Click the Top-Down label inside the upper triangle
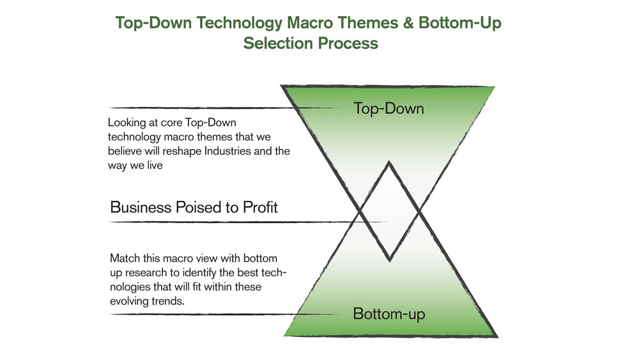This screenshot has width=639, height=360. (389, 109)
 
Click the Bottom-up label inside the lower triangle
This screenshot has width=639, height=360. (389, 314)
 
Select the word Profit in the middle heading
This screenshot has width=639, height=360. (260, 207)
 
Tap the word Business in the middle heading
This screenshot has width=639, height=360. (141, 207)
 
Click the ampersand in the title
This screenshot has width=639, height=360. (408, 22)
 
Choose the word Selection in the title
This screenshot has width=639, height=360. (278, 43)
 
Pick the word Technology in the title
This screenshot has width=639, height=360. (240, 23)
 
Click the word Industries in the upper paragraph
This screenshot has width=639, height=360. (227, 151)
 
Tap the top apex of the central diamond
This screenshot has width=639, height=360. (389, 162)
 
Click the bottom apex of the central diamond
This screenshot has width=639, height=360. (390, 260)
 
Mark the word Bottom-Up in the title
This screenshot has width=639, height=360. (459, 23)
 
